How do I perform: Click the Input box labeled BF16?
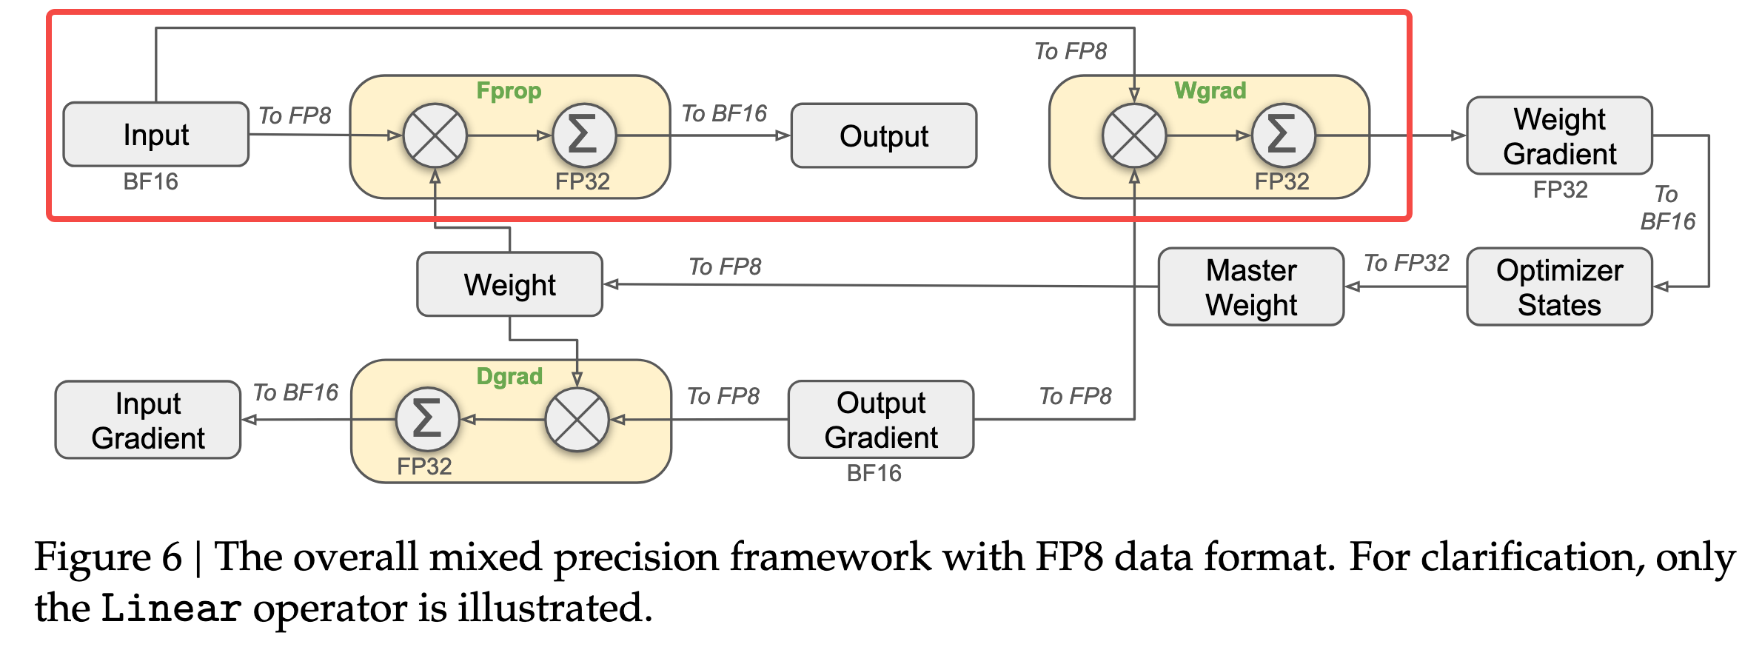(155, 135)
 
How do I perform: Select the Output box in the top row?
(883, 136)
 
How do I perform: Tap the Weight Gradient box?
(1559, 136)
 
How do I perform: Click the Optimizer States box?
(1559, 287)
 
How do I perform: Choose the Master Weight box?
(1250, 287)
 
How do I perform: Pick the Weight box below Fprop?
(509, 285)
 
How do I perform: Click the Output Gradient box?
(880, 420)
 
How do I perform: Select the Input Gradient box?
(148, 420)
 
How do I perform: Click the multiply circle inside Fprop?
(435, 135)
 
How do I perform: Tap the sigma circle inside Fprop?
(584, 135)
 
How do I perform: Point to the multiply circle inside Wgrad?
(1133, 135)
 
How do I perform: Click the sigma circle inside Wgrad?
(1283, 135)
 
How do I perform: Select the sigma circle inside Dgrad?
(427, 420)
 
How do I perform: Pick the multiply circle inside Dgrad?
(577, 420)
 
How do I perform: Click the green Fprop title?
(509, 91)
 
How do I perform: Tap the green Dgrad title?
(509, 376)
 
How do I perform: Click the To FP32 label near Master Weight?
(1406, 263)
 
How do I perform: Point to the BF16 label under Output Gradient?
(874, 473)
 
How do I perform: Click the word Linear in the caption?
(171, 609)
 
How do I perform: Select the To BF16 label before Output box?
(724, 113)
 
